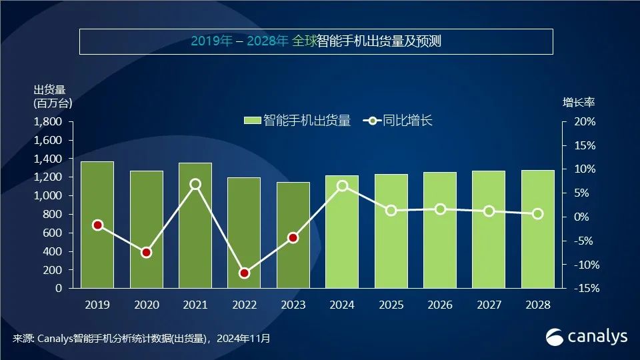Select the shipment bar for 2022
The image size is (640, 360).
click(x=244, y=233)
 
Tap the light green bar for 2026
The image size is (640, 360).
click(x=440, y=230)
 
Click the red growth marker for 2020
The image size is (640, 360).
click(x=147, y=253)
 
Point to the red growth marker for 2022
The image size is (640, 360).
click(x=244, y=273)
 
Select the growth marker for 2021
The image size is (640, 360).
click(x=195, y=184)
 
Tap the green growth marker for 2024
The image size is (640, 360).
click(x=343, y=186)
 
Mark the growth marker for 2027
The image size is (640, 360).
click(x=489, y=211)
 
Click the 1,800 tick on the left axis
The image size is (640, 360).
click(x=47, y=122)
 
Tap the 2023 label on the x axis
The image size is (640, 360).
click(x=293, y=305)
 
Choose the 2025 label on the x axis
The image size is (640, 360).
click(x=391, y=305)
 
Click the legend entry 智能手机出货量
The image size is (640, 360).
click(x=297, y=121)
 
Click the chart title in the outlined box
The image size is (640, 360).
click(x=316, y=41)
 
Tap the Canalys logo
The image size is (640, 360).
click(x=587, y=337)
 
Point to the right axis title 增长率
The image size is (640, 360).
click(x=579, y=103)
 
